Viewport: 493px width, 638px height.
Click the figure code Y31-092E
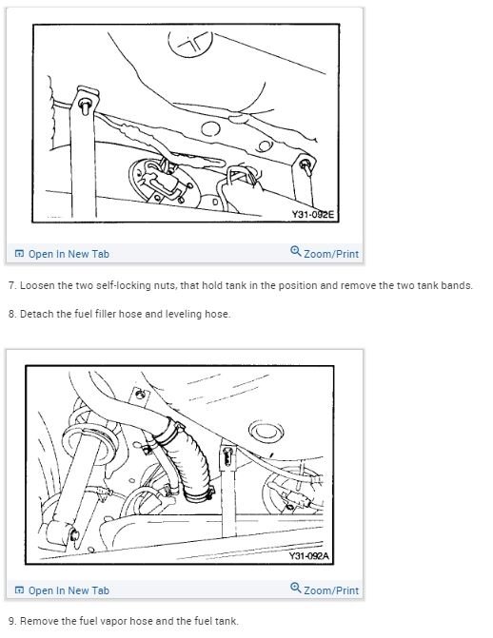[313, 216]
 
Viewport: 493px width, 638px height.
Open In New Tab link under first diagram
[69, 254]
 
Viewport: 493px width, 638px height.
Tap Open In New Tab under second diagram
[69, 590]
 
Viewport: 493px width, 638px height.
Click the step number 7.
[10, 286]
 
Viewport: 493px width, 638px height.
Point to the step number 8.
[10, 314]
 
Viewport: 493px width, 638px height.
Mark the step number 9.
[10, 622]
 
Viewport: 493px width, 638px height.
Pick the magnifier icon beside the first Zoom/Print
[295, 253]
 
